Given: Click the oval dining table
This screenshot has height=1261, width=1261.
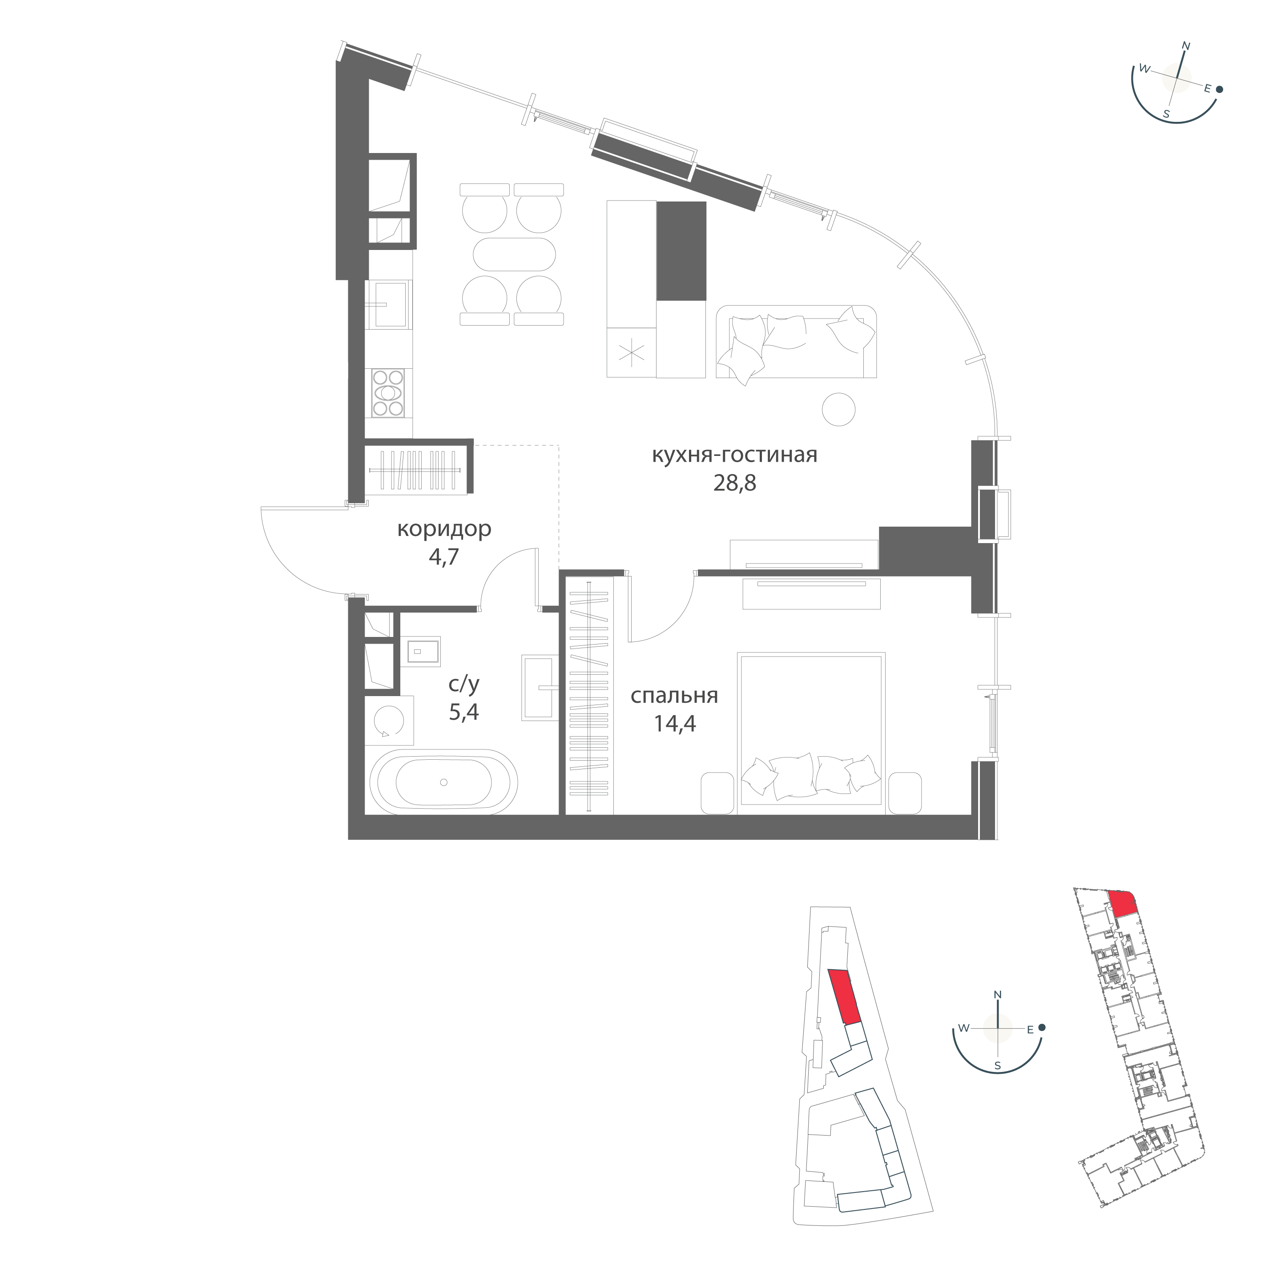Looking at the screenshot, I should tap(514, 254).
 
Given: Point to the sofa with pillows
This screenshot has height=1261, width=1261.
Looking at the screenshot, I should tap(796, 342).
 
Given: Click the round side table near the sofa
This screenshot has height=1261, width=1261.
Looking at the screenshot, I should tap(838, 409).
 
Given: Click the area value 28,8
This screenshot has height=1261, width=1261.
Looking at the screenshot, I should tap(734, 483).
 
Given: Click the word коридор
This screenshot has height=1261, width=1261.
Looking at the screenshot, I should tap(444, 529).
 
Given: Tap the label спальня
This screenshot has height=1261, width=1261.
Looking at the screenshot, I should tap(674, 696).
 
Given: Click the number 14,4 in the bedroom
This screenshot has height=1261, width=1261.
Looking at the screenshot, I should tap(675, 724).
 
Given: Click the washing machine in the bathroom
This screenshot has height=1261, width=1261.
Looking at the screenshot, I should tap(389, 721).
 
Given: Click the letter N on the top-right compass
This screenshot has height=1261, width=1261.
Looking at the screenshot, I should tap(1187, 46).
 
